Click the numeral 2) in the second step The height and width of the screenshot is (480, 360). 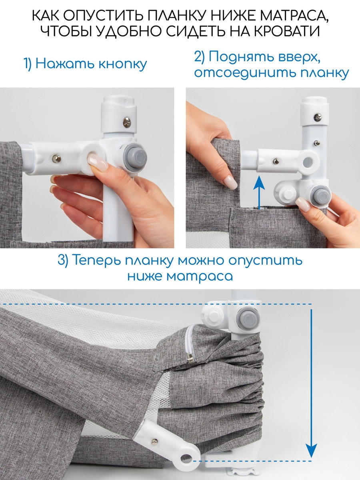tap(200, 57)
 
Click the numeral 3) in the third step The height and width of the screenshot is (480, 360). tap(65, 260)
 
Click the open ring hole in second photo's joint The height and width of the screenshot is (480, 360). tap(308, 162)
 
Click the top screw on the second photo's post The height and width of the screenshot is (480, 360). tap(318, 117)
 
